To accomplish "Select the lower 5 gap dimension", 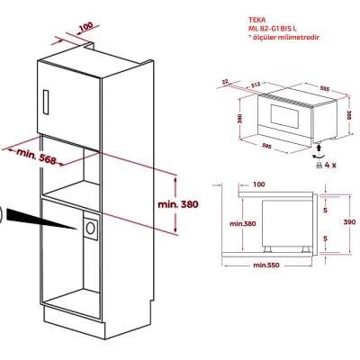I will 326,238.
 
